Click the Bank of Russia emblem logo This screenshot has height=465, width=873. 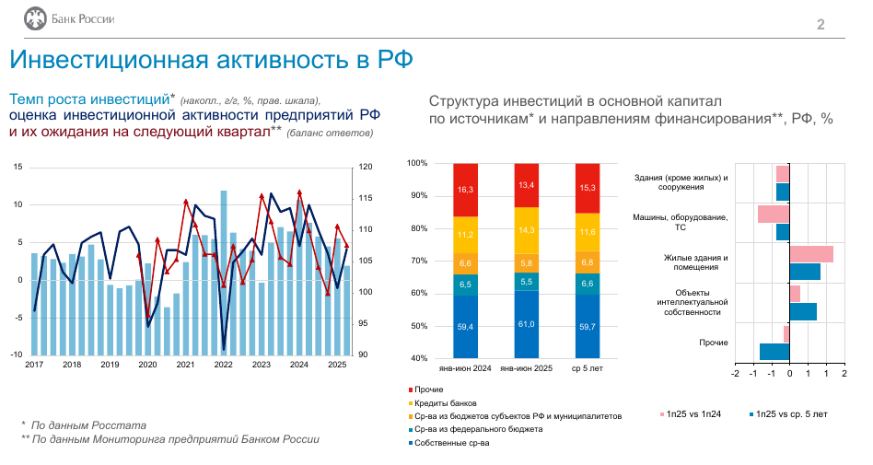pos(35,19)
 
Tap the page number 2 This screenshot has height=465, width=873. pos(821,25)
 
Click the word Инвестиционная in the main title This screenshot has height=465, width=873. pos(109,60)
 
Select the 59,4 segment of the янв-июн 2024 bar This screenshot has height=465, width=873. pos(465,326)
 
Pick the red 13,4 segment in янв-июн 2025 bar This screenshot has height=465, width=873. pos(526,185)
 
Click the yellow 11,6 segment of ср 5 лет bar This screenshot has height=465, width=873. pos(588,232)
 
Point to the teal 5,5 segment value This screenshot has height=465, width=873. pos(526,282)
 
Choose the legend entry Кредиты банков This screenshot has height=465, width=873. pos(443,403)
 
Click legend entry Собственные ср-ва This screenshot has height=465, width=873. pos(448,443)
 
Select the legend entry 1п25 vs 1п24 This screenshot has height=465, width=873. pos(691,414)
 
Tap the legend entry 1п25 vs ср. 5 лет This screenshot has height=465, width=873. pos(788,414)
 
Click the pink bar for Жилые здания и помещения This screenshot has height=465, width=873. pos(811,254)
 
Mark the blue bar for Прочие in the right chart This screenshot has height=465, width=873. pos(774,352)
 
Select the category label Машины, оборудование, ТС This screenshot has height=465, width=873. pos(680,222)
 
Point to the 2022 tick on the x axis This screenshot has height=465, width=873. pos(223,365)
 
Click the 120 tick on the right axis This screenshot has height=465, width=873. pos(366,167)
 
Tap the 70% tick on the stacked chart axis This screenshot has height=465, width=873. pos(417,261)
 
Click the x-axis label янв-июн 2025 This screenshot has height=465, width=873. pos(526,368)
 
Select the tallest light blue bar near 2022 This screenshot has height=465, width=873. pos(224,273)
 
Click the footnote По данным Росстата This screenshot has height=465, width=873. pos(88,425)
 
